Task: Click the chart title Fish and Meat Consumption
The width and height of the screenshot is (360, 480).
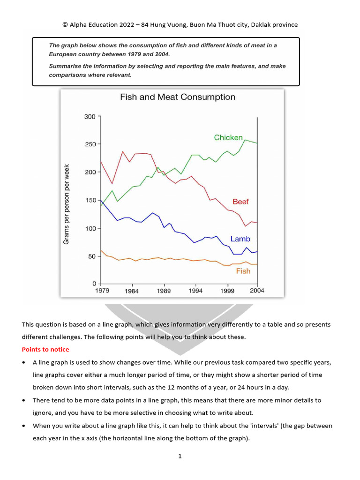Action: tap(178, 97)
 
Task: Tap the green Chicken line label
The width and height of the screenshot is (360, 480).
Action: tap(228, 137)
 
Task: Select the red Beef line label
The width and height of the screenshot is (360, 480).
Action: tap(240, 202)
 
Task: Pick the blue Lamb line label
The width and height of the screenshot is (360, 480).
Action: tap(240, 239)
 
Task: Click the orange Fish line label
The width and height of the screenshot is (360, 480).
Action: tap(243, 271)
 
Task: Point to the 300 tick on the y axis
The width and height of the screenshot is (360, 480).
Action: tap(90, 117)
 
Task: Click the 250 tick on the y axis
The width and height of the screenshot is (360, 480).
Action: tap(90, 144)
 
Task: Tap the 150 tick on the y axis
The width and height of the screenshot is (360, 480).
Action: tap(90, 201)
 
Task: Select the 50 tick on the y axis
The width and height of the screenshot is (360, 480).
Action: tap(91, 256)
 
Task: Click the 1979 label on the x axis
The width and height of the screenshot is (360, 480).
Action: tap(102, 291)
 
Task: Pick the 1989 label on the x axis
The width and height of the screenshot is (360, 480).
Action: tap(164, 291)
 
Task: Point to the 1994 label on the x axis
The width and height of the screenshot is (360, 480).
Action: tap(195, 291)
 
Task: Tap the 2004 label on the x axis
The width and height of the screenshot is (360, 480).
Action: tap(257, 291)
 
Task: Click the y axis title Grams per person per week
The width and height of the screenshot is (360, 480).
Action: tap(67, 204)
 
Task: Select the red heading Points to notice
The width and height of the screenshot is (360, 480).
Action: tap(45, 350)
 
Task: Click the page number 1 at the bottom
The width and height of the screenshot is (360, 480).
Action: tap(180, 456)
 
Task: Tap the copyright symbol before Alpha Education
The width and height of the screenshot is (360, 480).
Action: tap(65, 25)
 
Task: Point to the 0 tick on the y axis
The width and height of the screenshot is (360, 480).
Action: tap(94, 284)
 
